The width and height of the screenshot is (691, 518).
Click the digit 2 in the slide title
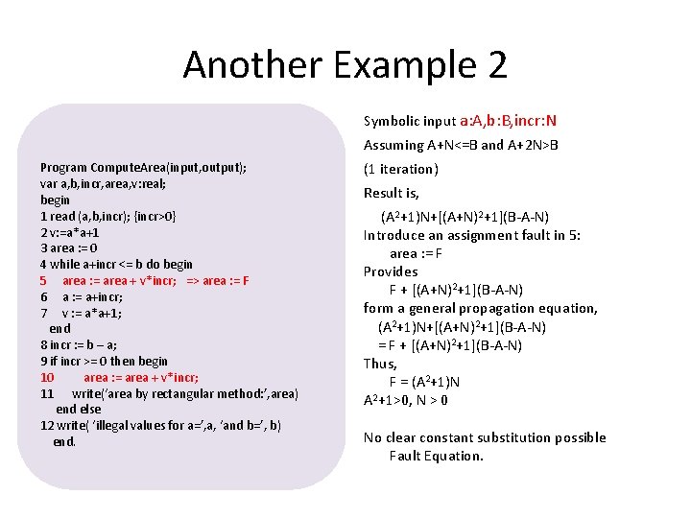coord(495,65)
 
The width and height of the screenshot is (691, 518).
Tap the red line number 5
coord(43,280)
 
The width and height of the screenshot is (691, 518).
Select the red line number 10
coord(47,377)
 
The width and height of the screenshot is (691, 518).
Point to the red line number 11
coord(47,393)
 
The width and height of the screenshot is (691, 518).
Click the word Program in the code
coord(63,167)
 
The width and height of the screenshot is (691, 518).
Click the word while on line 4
coord(65,264)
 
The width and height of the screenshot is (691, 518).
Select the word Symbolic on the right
coord(392,121)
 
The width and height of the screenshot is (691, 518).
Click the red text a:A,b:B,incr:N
coord(508,121)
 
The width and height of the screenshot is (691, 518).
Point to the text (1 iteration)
coord(401,169)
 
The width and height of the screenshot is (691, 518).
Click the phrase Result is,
coord(392,193)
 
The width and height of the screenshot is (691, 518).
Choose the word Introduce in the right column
coord(395,235)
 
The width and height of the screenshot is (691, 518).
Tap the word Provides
coord(391,271)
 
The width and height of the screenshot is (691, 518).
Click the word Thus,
coord(380,364)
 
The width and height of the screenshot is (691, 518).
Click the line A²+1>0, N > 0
coord(406,400)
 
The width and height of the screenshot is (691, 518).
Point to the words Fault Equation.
coord(436,456)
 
